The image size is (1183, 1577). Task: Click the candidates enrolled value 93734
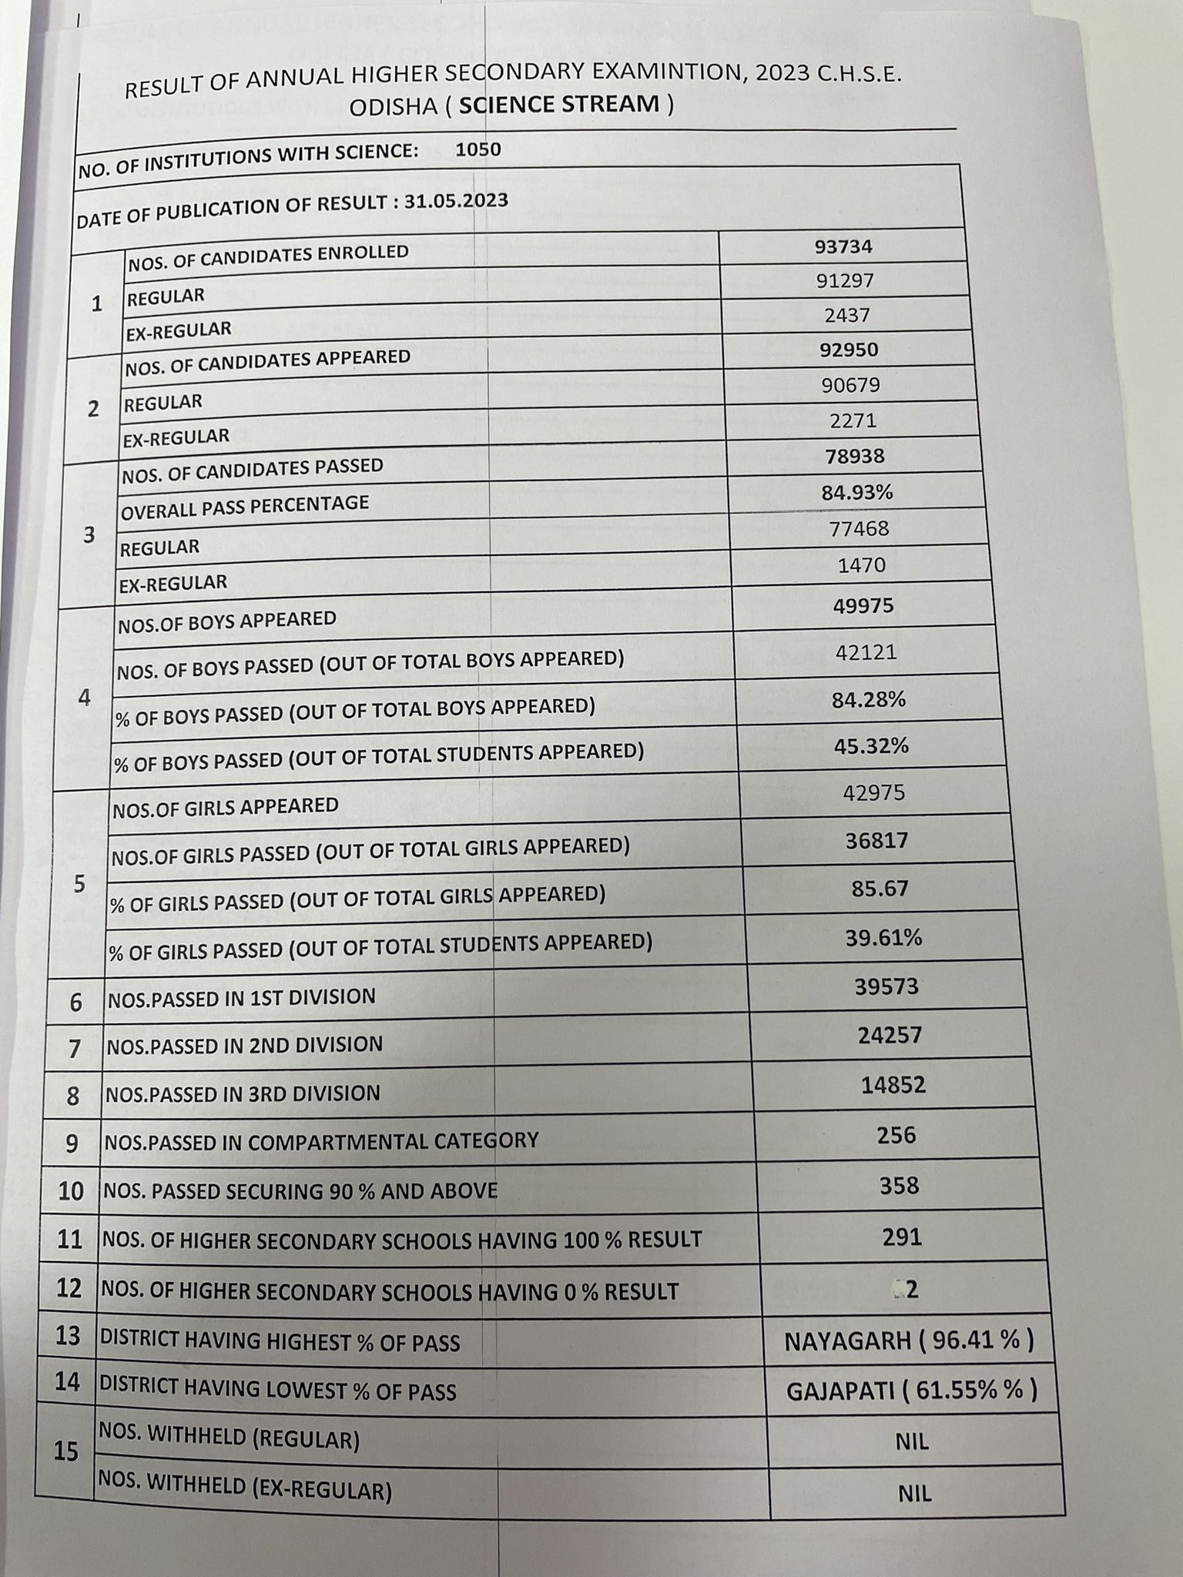point(844,246)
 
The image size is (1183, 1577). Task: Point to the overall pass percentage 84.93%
point(857,492)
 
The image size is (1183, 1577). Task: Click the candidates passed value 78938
point(853,457)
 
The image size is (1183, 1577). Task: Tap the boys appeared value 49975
point(863,606)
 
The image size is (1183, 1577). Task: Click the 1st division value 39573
point(886,986)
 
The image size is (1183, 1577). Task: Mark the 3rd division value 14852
point(893,1085)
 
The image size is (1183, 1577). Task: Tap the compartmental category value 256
point(896,1135)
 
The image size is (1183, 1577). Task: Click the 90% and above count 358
point(899,1185)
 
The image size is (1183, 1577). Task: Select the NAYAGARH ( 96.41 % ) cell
point(909,1341)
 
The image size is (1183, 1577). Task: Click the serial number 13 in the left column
point(69,1336)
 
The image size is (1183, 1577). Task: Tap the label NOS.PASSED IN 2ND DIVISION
point(244,1045)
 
